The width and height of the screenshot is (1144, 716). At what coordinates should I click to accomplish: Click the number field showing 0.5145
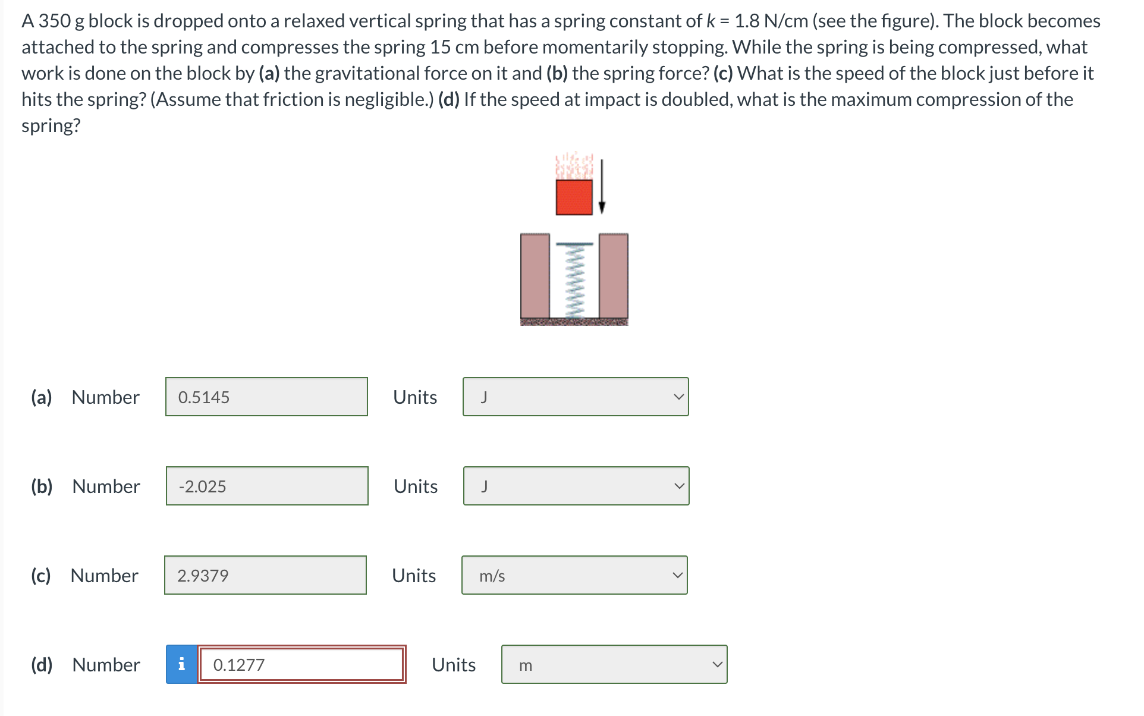click(266, 397)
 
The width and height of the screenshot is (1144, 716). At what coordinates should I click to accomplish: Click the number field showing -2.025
click(267, 486)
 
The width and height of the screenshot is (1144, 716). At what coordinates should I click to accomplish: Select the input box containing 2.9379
click(265, 575)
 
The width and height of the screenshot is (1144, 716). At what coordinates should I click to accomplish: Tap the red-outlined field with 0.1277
click(301, 664)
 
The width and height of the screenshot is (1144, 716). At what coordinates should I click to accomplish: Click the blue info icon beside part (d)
click(181, 664)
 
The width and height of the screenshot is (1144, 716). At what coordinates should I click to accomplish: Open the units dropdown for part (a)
click(575, 397)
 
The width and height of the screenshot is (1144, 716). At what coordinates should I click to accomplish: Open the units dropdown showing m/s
click(574, 575)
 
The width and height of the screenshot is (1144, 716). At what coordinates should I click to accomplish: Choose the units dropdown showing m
click(614, 664)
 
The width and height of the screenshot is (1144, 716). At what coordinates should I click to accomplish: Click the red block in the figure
click(574, 197)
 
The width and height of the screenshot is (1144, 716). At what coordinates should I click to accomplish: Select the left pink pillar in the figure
click(535, 276)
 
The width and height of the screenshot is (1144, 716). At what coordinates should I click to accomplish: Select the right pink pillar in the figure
click(613, 276)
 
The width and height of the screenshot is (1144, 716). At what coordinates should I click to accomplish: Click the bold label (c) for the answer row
click(41, 575)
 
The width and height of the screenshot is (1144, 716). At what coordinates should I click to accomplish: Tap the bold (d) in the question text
click(448, 99)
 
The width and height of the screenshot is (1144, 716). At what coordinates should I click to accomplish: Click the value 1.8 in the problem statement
click(747, 21)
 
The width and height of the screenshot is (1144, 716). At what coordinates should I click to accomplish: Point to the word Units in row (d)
click(453, 664)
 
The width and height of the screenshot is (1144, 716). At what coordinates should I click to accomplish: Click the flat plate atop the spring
click(574, 244)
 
